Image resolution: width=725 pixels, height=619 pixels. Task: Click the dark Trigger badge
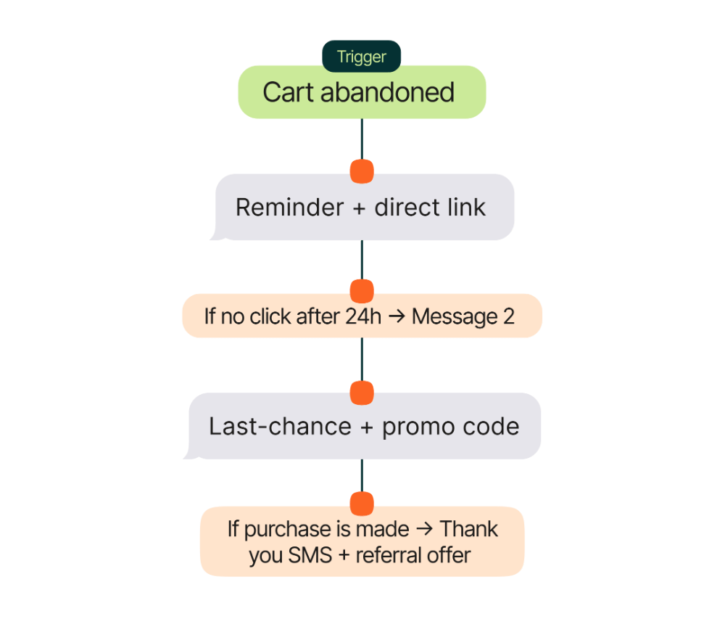point(361,57)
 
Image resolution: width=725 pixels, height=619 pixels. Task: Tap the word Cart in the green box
point(288,93)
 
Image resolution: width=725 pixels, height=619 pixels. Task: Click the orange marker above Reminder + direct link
point(362,172)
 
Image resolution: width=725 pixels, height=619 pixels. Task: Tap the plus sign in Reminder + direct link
point(359,208)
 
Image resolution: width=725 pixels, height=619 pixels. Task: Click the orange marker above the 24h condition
point(362,291)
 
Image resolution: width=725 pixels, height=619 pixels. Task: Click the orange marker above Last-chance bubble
point(362,393)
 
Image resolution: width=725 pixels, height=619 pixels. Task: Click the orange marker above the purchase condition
point(362,503)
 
